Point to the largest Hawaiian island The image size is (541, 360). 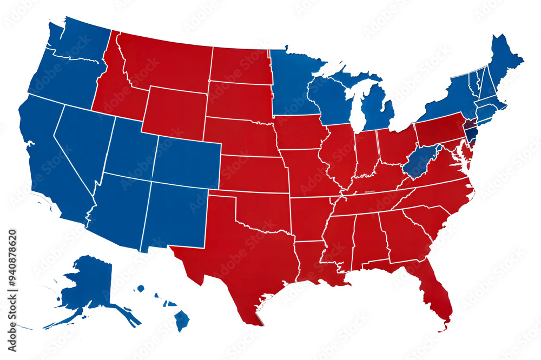coord(182,320)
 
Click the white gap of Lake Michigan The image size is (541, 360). coord(354,108)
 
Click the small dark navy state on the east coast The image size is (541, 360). coord(471,130)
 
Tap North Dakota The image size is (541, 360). coord(238,65)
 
